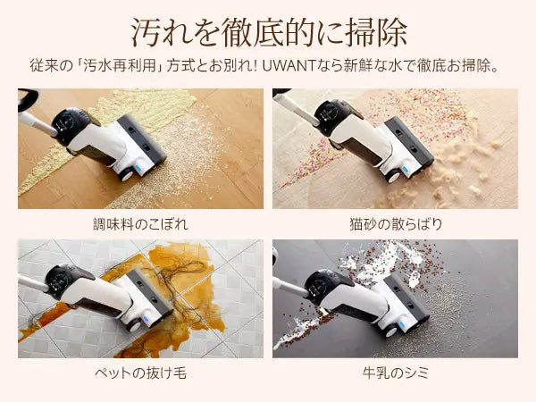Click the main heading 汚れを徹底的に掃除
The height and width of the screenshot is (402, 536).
(x=269, y=33)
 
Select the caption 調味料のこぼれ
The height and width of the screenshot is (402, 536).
(x=140, y=224)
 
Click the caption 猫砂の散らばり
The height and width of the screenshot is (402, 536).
(x=396, y=224)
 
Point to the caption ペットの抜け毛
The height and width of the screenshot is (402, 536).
(x=140, y=373)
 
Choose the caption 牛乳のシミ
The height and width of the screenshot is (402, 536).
(x=396, y=373)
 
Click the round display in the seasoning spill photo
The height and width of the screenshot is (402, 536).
(x=67, y=122)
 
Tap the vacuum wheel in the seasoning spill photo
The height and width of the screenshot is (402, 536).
(x=124, y=174)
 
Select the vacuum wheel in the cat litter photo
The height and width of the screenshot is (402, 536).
(x=392, y=176)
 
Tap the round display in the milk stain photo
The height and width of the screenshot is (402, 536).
(x=317, y=284)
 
